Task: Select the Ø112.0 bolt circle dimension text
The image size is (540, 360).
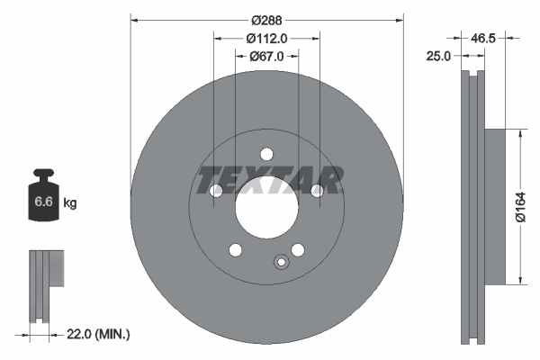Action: click(x=266, y=38)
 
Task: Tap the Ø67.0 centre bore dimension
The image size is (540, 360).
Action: click(x=266, y=56)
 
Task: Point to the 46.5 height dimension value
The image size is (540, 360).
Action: click(x=484, y=39)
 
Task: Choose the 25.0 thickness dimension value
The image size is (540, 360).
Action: click(x=439, y=57)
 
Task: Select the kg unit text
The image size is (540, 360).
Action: click(x=70, y=203)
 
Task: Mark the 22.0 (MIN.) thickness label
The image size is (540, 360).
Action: click(x=100, y=335)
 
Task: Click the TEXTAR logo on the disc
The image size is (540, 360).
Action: click(x=269, y=180)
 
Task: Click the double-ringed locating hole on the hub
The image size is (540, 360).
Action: click(x=280, y=263)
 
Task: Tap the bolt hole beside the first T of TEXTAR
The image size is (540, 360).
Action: click(x=216, y=191)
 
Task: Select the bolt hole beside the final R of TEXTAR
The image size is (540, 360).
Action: click(x=317, y=191)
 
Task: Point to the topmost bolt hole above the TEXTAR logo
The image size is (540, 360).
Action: click(x=266, y=154)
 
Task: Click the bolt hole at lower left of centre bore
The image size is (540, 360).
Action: click(x=236, y=249)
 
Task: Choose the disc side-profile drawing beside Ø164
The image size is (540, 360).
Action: click(x=474, y=207)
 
